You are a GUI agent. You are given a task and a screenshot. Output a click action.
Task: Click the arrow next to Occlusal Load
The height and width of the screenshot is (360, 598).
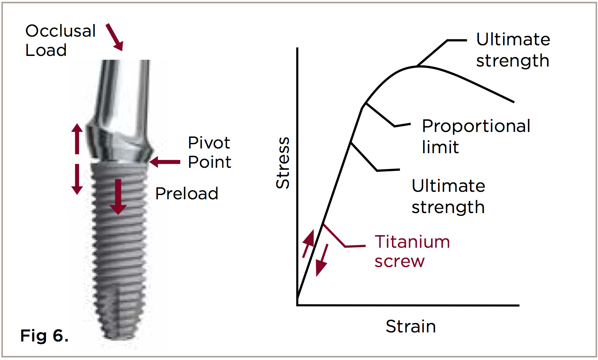[115, 37]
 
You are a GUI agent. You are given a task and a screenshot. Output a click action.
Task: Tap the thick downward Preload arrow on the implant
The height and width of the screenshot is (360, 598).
[118, 197]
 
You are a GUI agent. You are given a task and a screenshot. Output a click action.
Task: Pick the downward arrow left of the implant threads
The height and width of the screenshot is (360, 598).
[77, 179]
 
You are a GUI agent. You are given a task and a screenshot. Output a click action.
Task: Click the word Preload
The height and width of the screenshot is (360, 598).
[187, 193]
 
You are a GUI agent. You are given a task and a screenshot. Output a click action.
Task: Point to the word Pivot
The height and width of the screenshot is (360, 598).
[209, 143]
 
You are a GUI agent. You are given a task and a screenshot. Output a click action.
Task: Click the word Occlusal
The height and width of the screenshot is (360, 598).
[60, 31]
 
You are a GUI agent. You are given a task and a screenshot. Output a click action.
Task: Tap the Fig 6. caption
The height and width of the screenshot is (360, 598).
[44, 336]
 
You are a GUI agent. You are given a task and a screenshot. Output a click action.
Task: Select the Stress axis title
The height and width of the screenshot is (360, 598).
[283, 163]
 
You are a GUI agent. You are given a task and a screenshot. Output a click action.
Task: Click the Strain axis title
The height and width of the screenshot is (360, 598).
[410, 327]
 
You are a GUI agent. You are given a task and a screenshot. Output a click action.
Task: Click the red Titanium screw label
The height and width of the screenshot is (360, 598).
[412, 251]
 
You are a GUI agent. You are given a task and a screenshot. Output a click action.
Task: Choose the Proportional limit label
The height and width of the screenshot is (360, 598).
[475, 136]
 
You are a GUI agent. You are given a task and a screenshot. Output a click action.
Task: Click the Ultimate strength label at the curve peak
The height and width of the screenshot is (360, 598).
[513, 50]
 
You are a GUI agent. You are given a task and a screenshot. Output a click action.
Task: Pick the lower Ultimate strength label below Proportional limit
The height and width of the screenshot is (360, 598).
[448, 196]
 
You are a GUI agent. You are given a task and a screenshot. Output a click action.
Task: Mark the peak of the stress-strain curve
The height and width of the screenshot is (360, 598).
[420, 66]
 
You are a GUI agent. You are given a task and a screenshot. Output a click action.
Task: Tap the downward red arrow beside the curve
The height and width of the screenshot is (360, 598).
[322, 260]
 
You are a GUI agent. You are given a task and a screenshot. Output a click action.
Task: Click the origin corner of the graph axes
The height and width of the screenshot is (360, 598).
[297, 305]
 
